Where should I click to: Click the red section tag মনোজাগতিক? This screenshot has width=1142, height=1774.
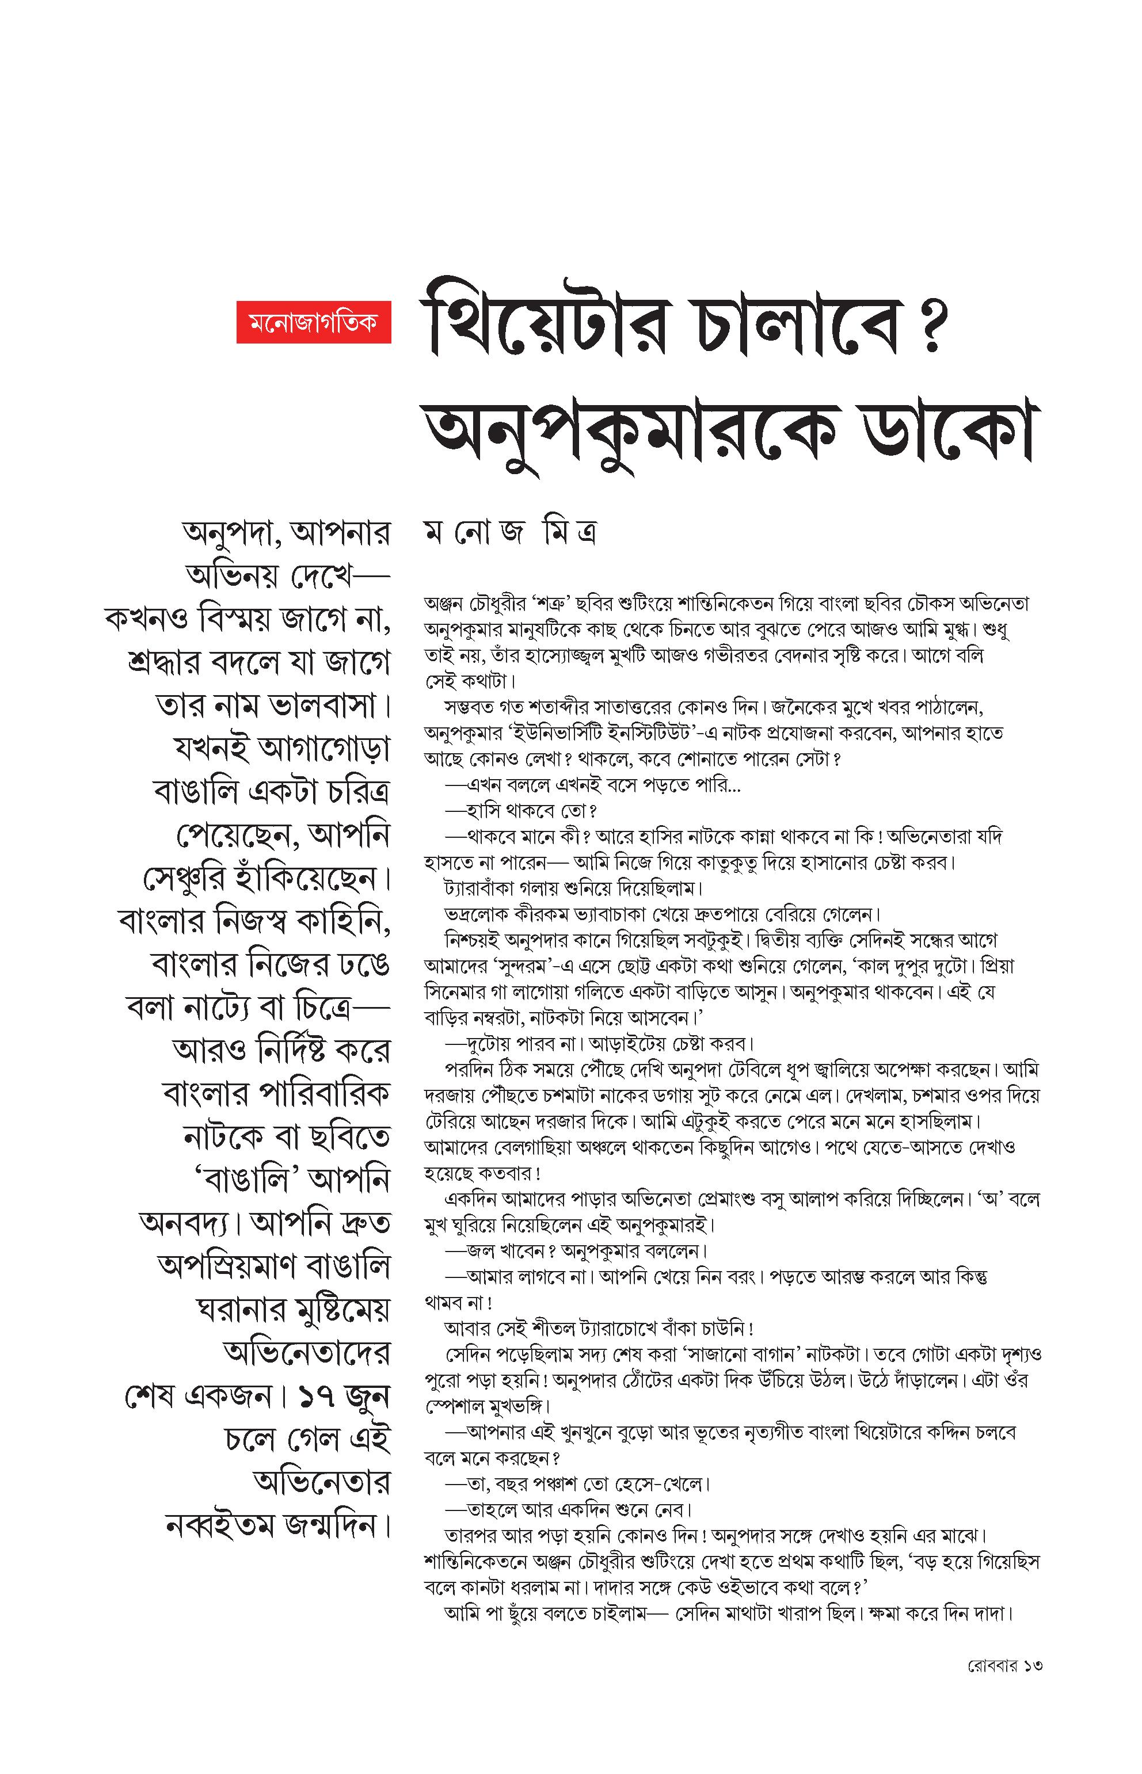(313, 322)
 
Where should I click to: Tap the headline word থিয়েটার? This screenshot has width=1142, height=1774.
(545, 327)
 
